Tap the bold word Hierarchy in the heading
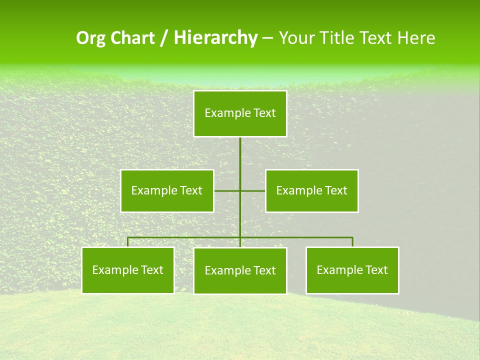pos(215,38)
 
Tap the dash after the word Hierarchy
pos(267,38)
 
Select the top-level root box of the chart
pos(240,113)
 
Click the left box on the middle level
pos(167,190)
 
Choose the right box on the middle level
pos(311,190)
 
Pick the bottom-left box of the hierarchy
pos(127,270)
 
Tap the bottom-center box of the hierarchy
pos(240,270)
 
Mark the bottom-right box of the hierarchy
pos(352,270)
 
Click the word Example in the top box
pos(223,113)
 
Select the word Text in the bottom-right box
pos(376,270)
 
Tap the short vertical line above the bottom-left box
pos(127,242)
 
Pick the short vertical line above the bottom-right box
pos(352,242)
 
